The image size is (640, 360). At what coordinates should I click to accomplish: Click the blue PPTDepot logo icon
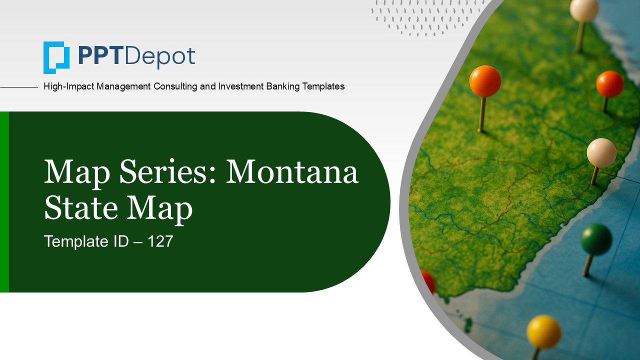click(56, 57)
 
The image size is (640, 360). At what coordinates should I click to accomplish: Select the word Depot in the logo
click(160, 56)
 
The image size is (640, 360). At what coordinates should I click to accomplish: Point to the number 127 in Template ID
click(160, 241)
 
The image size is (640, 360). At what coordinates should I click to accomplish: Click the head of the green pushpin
click(596, 239)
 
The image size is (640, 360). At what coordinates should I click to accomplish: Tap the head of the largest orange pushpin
click(485, 81)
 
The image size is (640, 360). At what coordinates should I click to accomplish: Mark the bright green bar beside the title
click(4, 202)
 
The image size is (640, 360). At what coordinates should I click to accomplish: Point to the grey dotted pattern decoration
click(427, 17)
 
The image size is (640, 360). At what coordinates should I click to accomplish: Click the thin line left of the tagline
click(19, 87)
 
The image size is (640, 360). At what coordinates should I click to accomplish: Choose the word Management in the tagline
click(123, 86)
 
